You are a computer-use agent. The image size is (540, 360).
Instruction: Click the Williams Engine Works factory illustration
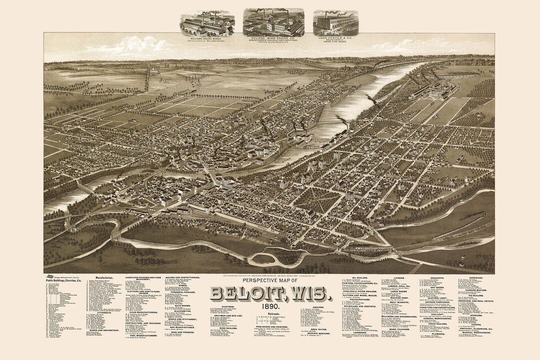(x=207, y=23)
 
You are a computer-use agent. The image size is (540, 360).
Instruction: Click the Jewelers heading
(x=475, y=330)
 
